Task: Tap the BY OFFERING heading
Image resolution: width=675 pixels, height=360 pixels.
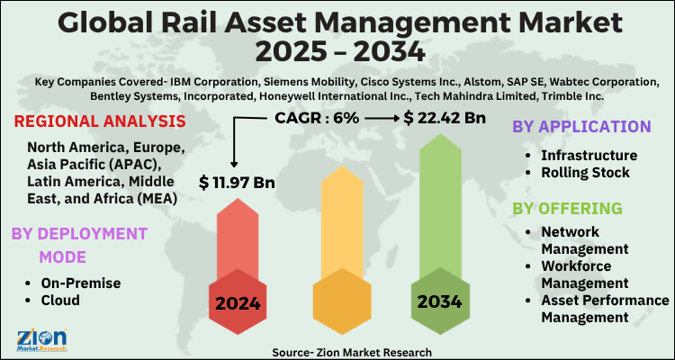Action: [x=567, y=209]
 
